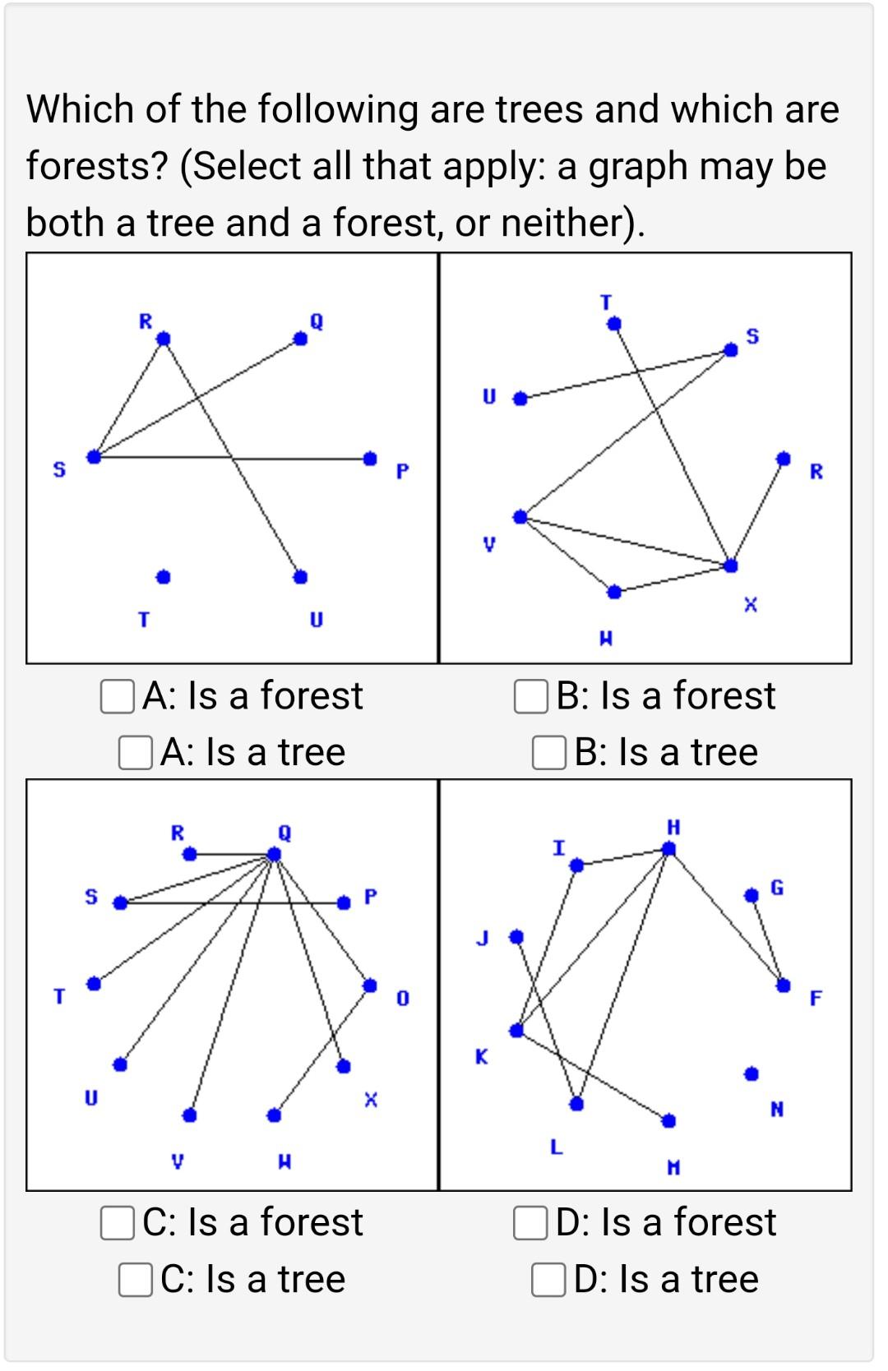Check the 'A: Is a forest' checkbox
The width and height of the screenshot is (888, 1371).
(117, 696)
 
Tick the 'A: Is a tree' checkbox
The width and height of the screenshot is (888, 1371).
(135, 752)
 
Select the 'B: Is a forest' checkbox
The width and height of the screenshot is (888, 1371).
(530, 696)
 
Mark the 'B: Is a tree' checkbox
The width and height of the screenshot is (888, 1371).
(548, 752)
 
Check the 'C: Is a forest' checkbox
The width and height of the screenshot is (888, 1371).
(117, 1222)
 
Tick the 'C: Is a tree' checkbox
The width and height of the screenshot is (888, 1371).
(135, 1279)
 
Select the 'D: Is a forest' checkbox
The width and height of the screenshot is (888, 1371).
(530, 1222)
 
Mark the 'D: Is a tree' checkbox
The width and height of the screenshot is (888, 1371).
(548, 1279)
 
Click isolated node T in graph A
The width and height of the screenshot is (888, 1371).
(164, 577)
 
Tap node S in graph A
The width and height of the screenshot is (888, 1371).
(95, 457)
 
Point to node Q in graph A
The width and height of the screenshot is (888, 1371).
(301, 339)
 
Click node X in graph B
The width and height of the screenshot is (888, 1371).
(731, 565)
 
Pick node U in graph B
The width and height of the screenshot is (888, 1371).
(520, 399)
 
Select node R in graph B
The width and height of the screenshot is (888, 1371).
(784, 457)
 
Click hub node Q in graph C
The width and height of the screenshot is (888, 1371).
(274, 855)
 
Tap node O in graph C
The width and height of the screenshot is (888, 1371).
(370, 984)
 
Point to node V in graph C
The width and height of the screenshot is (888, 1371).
(190, 1115)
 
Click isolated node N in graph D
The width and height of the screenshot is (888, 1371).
(751, 1073)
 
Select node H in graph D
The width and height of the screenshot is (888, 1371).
(669, 849)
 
